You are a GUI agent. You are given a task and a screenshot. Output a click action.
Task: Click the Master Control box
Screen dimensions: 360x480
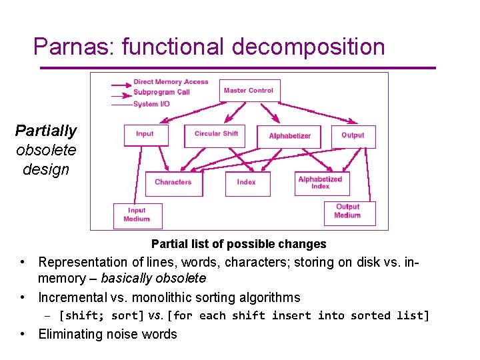click(x=249, y=91)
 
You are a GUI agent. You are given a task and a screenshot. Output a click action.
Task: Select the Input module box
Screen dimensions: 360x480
click(x=145, y=135)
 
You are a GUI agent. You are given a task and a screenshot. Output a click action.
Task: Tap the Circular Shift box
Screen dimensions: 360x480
click(x=216, y=135)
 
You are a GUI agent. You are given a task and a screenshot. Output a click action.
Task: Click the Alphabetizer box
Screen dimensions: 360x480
click(x=289, y=136)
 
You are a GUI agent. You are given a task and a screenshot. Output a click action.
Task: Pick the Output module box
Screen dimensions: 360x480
click(x=353, y=135)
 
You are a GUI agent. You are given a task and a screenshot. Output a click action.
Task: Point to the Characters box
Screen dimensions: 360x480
click(x=173, y=182)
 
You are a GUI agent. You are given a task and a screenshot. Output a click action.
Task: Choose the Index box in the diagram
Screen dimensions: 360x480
click(x=246, y=182)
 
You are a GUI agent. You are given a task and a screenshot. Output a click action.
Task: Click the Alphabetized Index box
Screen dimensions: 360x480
click(x=320, y=183)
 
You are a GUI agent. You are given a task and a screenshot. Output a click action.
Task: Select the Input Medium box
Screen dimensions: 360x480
click(x=137, y=215)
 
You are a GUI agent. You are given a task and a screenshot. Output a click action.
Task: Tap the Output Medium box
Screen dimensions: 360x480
click(x=347, y=212)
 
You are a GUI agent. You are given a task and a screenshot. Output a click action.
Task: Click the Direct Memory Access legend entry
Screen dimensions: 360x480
click(x=171, y=82)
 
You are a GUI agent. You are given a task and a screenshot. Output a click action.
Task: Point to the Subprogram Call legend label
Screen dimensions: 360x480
click(x=161, y=92)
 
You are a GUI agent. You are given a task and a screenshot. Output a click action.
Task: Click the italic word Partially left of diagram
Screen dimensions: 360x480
click(x=46, y=131)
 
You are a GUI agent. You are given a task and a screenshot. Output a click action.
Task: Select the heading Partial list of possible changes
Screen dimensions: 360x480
click(x=239, y=244)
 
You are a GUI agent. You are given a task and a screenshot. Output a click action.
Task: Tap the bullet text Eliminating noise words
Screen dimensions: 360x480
click(x=107, y=334)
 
